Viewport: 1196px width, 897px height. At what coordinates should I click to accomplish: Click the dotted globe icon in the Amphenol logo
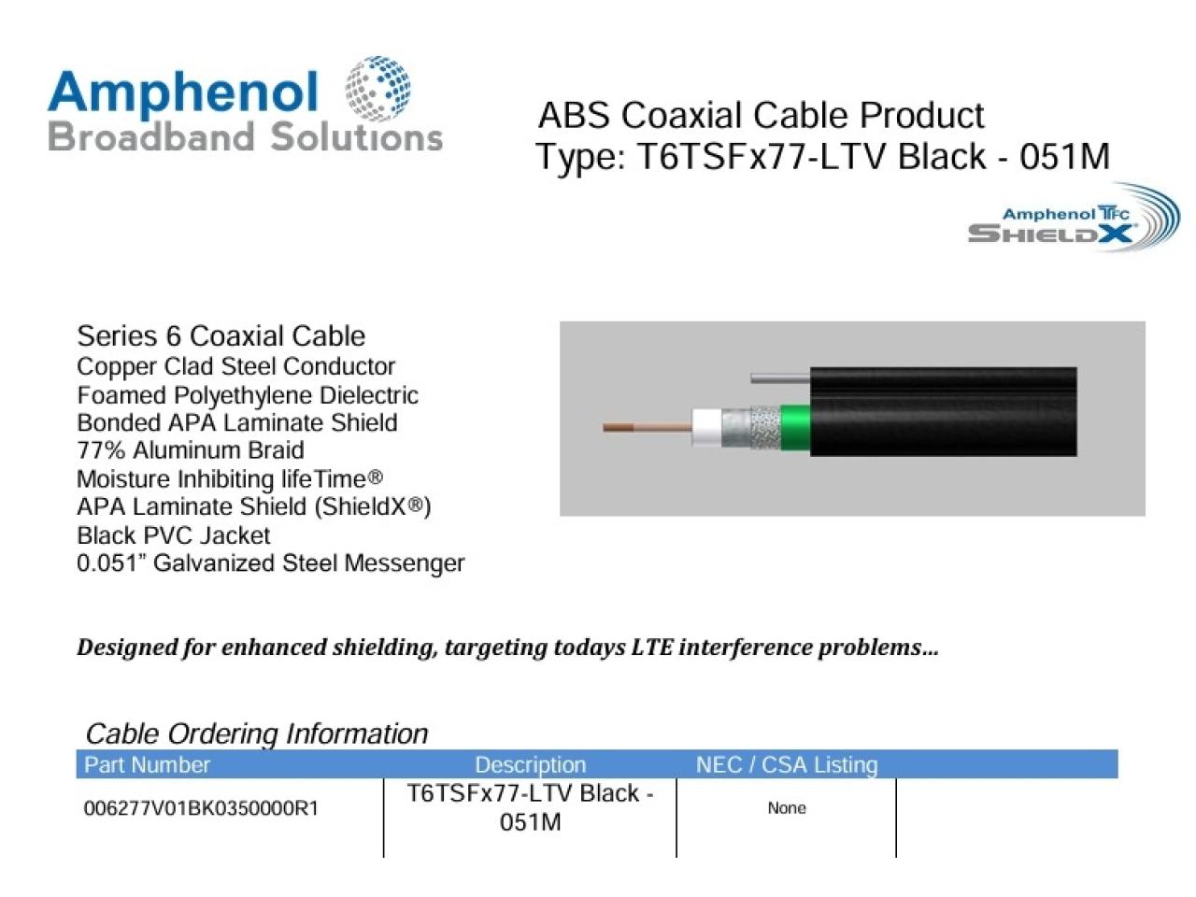click(x=377, y=88)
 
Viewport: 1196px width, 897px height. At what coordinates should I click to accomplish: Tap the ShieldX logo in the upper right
click(x=1074, y=218)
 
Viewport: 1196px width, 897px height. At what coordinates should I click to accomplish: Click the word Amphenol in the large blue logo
click(x=183, y=93)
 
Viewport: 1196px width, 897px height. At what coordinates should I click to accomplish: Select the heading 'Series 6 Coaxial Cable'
click(x=221, y=336)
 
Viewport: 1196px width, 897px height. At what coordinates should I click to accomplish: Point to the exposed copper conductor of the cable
click(x=647, y=428)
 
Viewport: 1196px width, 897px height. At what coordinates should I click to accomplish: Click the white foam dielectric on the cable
click(x=706, y=427)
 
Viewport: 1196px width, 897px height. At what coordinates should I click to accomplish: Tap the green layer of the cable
click(x=795, y=428)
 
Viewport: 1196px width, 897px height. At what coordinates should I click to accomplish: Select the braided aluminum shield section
click(x=764, y=428)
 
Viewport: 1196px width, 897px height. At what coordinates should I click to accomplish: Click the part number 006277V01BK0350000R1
click(x=201, y=808)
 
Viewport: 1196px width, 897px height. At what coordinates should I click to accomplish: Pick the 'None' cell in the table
click(x=786, y=807)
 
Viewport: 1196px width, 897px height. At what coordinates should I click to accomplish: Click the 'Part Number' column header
click(x=147, y=764)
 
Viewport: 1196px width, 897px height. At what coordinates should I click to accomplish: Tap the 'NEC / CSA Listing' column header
click(x=787, y=764)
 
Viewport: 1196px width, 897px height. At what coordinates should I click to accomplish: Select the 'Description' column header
click(x=530, y=764)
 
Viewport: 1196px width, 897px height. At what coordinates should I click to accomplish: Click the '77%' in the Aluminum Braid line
click(x=101, y=450)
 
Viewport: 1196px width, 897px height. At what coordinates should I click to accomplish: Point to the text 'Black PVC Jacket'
click(x=173, y=535)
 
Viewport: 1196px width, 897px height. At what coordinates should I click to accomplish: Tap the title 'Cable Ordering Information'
click(x=257, y=733)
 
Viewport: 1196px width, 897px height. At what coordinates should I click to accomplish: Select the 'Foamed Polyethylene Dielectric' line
click(x=248, y=395)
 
